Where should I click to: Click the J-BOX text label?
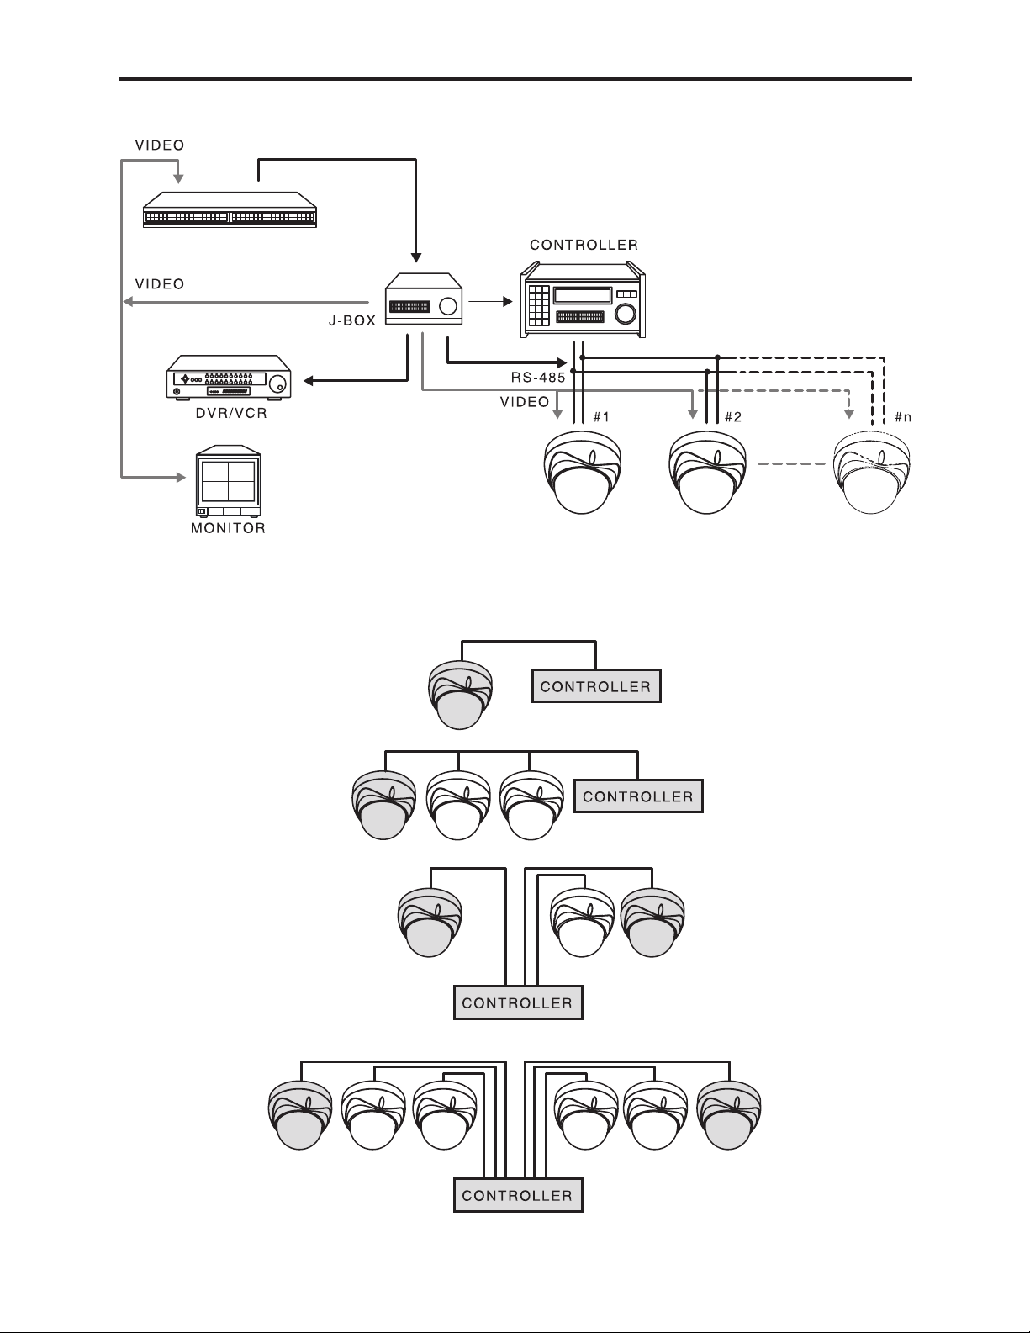[x=351, y=321]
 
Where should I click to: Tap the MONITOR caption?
[x=228, y=529]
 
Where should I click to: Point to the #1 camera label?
[x=601, y=417]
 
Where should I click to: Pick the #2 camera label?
[x=732, y=417]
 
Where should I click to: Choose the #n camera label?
[x=903, y=417]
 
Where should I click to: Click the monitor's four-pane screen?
[x=228, y=481]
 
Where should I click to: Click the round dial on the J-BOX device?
[x=450, y=306]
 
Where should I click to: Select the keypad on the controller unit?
[x=539, y=304]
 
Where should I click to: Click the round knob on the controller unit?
[x=626, y=315]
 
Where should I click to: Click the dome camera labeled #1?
[x=581, y=475]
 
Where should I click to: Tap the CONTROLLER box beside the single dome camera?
[x=596, y=686]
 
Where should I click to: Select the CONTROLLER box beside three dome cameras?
[x=638, y=796]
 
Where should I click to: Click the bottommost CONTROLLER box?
[x=518, y=1195]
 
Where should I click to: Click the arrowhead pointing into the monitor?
[x=180, y=478]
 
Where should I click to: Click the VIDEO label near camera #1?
[x=525, y=402]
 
